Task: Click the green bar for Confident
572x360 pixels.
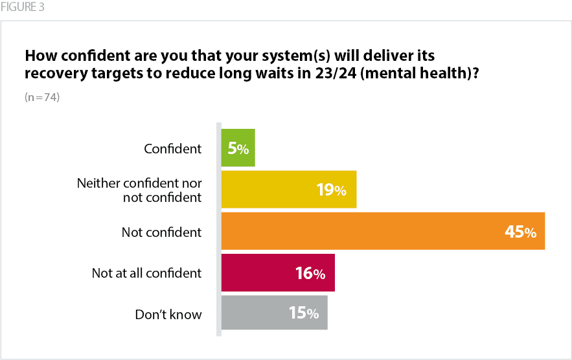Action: point(238,148)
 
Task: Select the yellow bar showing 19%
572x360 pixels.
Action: point(288,189)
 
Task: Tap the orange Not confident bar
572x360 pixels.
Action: point(382,231)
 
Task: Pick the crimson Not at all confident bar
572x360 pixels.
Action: point(277,273)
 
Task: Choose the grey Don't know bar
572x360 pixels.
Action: point(274,313)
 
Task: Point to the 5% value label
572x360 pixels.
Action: point(238,148)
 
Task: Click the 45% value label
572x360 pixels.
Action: point(521,232)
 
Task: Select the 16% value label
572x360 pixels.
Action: point(310,273)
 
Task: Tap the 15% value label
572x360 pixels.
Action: point(304,313)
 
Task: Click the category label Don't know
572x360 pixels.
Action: point(168,315)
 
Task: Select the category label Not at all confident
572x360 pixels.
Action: point(146,273)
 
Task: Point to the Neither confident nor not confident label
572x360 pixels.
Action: point(139,190)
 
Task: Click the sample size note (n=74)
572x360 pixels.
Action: point(42,98)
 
